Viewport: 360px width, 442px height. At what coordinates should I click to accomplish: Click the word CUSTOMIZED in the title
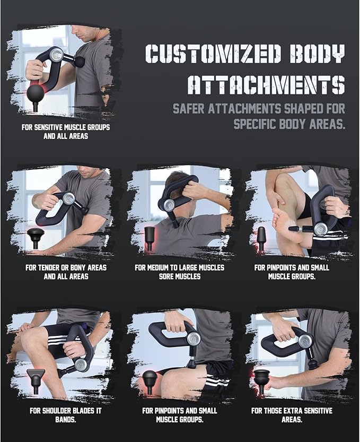click(214, 54)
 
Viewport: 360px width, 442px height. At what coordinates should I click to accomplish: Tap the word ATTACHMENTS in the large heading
click(267, 84)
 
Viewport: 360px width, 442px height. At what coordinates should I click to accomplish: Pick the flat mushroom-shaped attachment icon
click(36, 237)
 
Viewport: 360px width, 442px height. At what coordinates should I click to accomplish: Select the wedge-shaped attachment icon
click(36, 380)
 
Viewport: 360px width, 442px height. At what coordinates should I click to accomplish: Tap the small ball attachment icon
click(150, 381)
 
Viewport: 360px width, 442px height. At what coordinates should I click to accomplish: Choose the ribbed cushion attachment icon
click(261, 380)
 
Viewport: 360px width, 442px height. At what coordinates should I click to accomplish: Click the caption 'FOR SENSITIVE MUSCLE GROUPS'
click(66, 127)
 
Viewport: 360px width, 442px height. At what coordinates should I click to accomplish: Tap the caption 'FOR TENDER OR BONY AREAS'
click(66, 267)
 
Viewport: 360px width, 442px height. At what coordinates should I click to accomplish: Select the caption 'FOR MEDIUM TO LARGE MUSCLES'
click(179, 267)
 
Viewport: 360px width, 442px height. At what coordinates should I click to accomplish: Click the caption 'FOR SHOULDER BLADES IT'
click(65, 411)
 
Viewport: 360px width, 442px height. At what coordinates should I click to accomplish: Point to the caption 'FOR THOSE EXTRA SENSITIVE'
click(292, 411)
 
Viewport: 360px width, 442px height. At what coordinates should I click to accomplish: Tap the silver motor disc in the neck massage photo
click(169, 205)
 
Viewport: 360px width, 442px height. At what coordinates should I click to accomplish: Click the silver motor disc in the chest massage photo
click(57, 55)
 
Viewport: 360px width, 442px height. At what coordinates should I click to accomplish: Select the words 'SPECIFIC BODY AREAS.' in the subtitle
click(289, 124)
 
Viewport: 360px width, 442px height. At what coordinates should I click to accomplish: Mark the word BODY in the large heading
click(318, 54)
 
